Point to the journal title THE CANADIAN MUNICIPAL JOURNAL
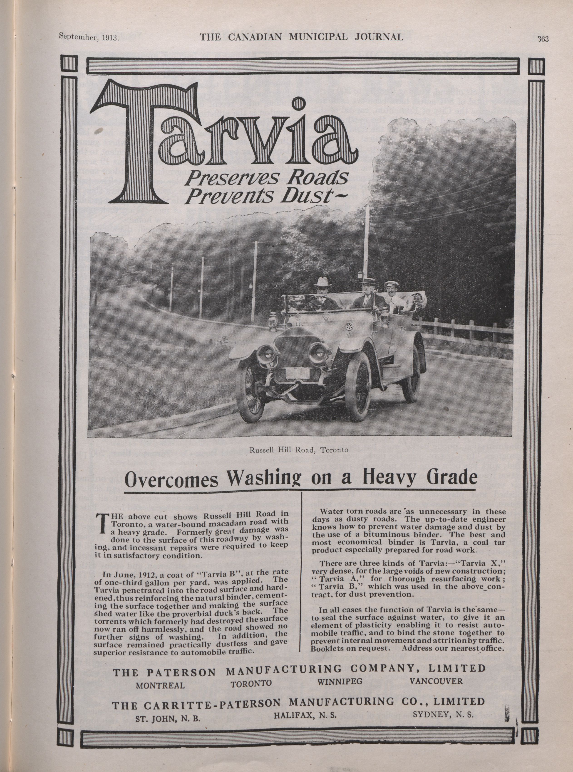[301, 37]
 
